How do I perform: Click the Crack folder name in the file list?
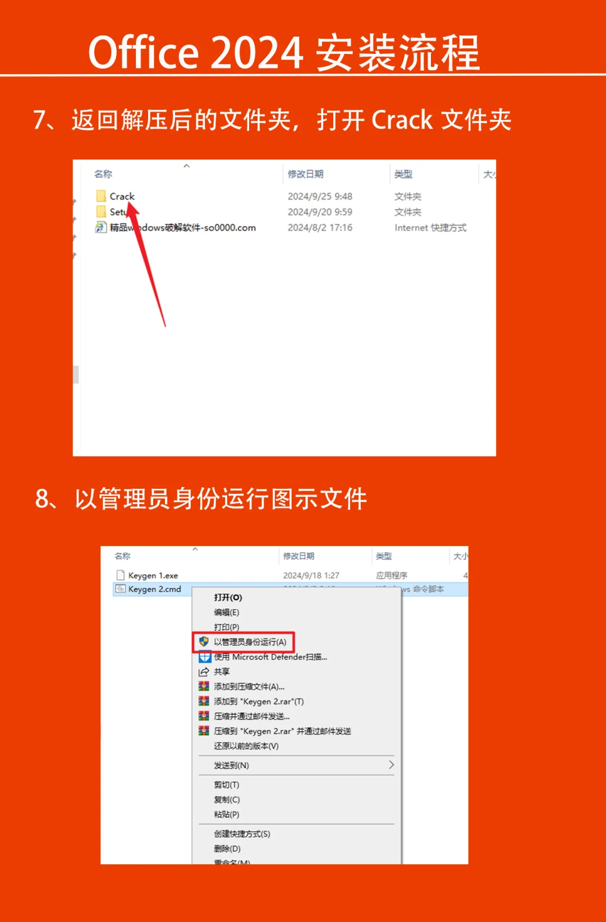(x=122, y=196)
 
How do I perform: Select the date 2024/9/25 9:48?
(x=320, y=196)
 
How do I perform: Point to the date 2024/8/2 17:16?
(x=320, y=228)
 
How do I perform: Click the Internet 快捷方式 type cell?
(x=430, y=228)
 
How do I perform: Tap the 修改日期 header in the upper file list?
(x=305, y=174)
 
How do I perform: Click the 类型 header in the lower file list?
(x=384, y=556)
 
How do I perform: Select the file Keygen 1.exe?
(x=153, y=576)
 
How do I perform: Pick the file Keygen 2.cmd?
(x=154, y=589)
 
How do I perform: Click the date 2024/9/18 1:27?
(x=311, y=576)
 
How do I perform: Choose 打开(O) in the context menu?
(x=228, y=598)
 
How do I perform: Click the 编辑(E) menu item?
(x=226, y=612)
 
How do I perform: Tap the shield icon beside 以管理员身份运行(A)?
(x=204, y=641)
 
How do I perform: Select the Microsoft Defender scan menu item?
(x=270, y=657)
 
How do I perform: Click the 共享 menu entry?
(x=222, y=672)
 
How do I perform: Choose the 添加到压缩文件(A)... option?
(x=249, y=687)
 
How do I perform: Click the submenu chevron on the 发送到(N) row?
(x=391, y=765)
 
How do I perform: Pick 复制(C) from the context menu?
(x=227, y=800)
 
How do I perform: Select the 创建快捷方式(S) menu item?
(x=242, y=834)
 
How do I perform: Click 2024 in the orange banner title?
(x=257, y=53)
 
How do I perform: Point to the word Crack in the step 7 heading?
(x=402, y=120)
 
